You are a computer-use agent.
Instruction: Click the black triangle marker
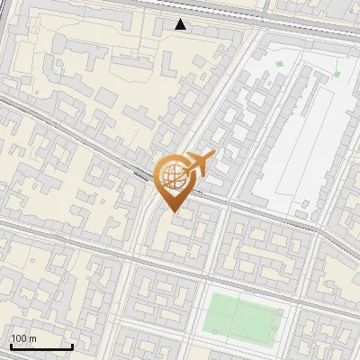coord(181,25)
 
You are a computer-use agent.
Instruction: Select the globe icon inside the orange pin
coord(174,177)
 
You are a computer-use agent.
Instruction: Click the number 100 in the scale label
coord(19,338)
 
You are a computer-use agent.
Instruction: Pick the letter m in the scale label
coord(32,338)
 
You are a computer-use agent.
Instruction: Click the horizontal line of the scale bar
coord(40,346)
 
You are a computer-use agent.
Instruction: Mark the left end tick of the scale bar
coord(10,345)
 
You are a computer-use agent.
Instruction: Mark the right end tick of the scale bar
coord(72,345)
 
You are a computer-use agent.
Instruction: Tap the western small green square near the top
coord(279,63)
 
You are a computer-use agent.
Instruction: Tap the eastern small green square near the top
coord(337,74)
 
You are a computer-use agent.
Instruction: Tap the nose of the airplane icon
coord(215,156)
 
